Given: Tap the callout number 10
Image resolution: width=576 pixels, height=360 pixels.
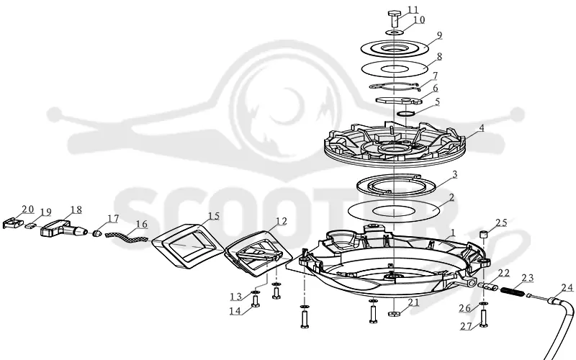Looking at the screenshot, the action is point(419,19).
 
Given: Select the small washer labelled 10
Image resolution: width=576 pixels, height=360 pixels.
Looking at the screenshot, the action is point(394,32).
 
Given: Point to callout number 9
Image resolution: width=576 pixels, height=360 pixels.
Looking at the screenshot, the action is point(440,35).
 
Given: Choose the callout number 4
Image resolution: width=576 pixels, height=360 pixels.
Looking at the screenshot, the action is point(481,128).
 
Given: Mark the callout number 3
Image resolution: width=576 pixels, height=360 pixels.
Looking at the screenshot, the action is point(454,174).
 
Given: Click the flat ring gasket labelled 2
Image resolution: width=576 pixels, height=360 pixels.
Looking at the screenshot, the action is point(394,211).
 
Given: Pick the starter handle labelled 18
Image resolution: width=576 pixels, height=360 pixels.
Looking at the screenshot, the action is point(63,228).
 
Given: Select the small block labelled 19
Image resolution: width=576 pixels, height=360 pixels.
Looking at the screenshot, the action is point(30,225).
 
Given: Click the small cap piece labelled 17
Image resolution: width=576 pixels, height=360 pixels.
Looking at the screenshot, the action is point(96,234).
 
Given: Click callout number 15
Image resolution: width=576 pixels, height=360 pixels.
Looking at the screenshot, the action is point(213,216).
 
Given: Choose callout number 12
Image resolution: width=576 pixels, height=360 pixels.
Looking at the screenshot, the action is point(281,221).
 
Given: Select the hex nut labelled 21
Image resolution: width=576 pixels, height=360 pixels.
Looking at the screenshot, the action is point(394,314).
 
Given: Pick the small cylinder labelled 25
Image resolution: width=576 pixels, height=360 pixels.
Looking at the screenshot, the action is point(484,234).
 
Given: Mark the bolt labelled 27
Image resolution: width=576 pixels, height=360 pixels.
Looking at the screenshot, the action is point(483,318).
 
